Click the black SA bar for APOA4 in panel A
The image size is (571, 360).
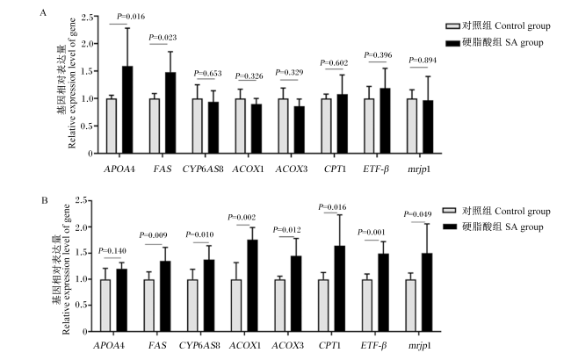coord(127,110)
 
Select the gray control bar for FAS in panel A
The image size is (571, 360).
coord(155,126)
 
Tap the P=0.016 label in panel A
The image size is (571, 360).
coord(131,17)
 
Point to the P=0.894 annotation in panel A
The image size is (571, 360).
coord(423,60)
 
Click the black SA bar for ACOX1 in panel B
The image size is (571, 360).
coord(252,285)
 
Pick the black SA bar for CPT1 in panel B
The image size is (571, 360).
coord(339,289)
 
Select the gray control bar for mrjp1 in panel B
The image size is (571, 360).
coord(411,306)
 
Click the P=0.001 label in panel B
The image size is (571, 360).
coord(371,232)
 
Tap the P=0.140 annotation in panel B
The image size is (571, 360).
coord(112,251)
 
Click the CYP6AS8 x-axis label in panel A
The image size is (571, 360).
coord(203,169)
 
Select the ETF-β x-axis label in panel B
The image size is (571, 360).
coord(373,345)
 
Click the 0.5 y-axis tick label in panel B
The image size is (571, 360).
coord(81,305)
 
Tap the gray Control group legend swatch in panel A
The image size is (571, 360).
coord(453,26)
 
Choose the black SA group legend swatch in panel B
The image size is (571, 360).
coord(450,227)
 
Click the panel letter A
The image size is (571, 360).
coord(43,13)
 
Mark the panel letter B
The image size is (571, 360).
coord(45,200)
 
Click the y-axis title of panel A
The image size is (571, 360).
coord(67,83)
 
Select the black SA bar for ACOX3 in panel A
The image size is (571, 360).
coord(300,130)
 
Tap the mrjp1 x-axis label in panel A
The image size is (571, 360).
coord(419,169)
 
